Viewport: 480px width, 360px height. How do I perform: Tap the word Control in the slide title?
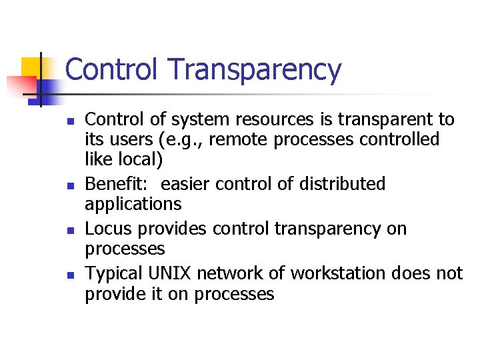click(113, 69)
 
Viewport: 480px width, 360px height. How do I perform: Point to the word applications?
click(133, 204)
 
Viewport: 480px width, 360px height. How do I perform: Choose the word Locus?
click(106, 229)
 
